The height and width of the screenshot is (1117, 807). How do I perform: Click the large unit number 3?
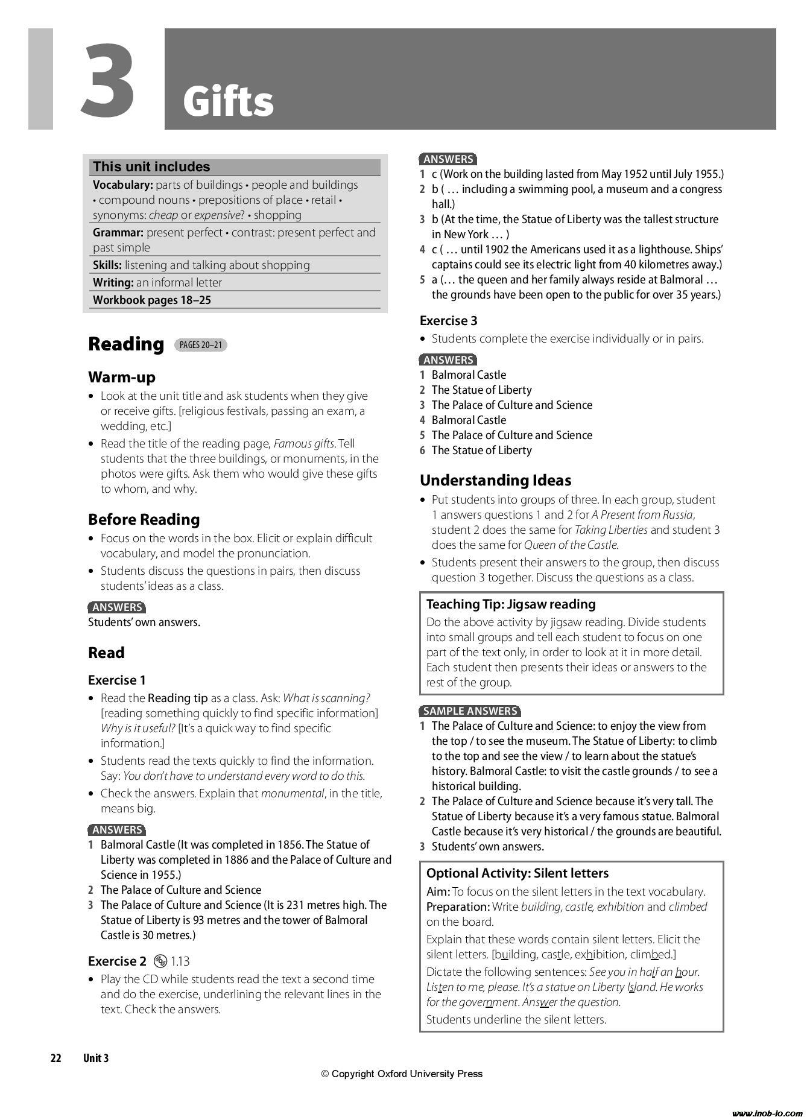coord(109,80)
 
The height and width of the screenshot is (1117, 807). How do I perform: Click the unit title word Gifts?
coord(228,102)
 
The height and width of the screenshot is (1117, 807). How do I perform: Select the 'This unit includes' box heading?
coord(151,167)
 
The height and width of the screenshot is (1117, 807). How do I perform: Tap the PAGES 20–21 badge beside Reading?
coord(201,345)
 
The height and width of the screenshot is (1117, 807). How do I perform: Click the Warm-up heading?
coord(122,378)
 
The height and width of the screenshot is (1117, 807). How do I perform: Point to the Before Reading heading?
coord(144,519)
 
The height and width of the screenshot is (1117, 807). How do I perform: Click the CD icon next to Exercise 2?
coord(160,961)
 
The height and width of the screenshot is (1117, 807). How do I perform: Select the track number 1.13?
coord(180,961)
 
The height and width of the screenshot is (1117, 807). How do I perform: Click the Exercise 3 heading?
coord(448,321)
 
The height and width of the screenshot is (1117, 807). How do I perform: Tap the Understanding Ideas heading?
coord(495,480)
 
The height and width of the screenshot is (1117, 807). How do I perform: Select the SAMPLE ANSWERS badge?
coord(470,711)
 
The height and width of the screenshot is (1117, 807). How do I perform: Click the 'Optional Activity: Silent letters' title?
coord(517,873)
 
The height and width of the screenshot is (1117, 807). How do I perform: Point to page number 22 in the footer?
coord(56,1058)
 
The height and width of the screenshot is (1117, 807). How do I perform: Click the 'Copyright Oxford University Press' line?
coord(402,1074)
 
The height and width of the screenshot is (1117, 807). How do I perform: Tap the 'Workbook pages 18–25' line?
coord(152,300)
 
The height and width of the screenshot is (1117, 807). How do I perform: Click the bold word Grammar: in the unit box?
coord(118,233)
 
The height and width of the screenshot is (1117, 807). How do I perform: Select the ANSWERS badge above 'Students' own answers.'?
coord(117,607)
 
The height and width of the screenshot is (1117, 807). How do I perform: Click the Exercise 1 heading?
coord(117,680)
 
